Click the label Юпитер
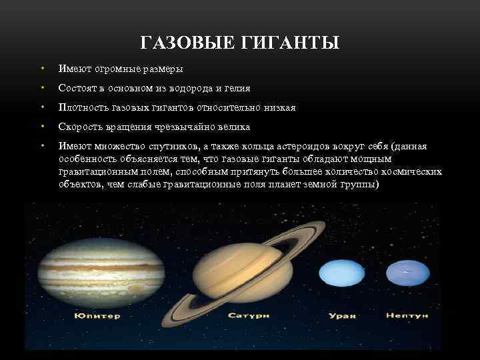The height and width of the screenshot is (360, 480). [97, 315]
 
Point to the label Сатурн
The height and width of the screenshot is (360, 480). [248, 315]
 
